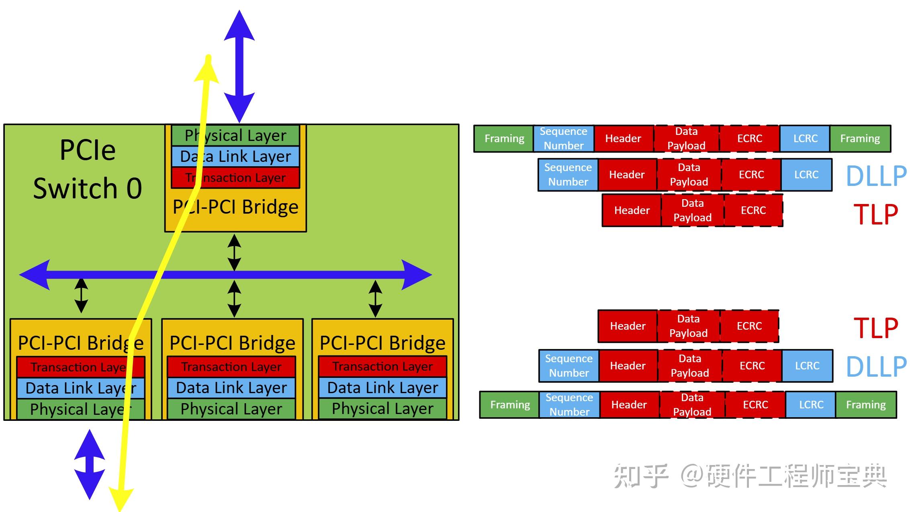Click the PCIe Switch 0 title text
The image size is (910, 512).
click(88, 169)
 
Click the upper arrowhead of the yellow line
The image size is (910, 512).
click(207, 70)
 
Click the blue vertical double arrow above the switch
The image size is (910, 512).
click(239, 66)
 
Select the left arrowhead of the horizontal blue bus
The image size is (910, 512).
click(35, 275)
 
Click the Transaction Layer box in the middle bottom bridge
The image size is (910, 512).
click(231, 367)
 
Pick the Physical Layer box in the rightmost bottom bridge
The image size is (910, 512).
click(382, 409)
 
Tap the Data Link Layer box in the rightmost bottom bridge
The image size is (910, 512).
click(382, 388)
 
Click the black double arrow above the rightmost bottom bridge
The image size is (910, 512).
click(375, 298)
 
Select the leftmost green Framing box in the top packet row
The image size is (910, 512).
click(504, 139)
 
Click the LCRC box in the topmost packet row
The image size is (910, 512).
click(805, 139)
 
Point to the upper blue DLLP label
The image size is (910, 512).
click(876, 176)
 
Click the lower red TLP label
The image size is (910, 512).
click(876, 328)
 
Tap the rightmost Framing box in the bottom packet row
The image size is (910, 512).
click(866, 405)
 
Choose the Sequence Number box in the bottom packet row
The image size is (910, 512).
click(569, 405)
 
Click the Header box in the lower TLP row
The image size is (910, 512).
click(628, 326)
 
